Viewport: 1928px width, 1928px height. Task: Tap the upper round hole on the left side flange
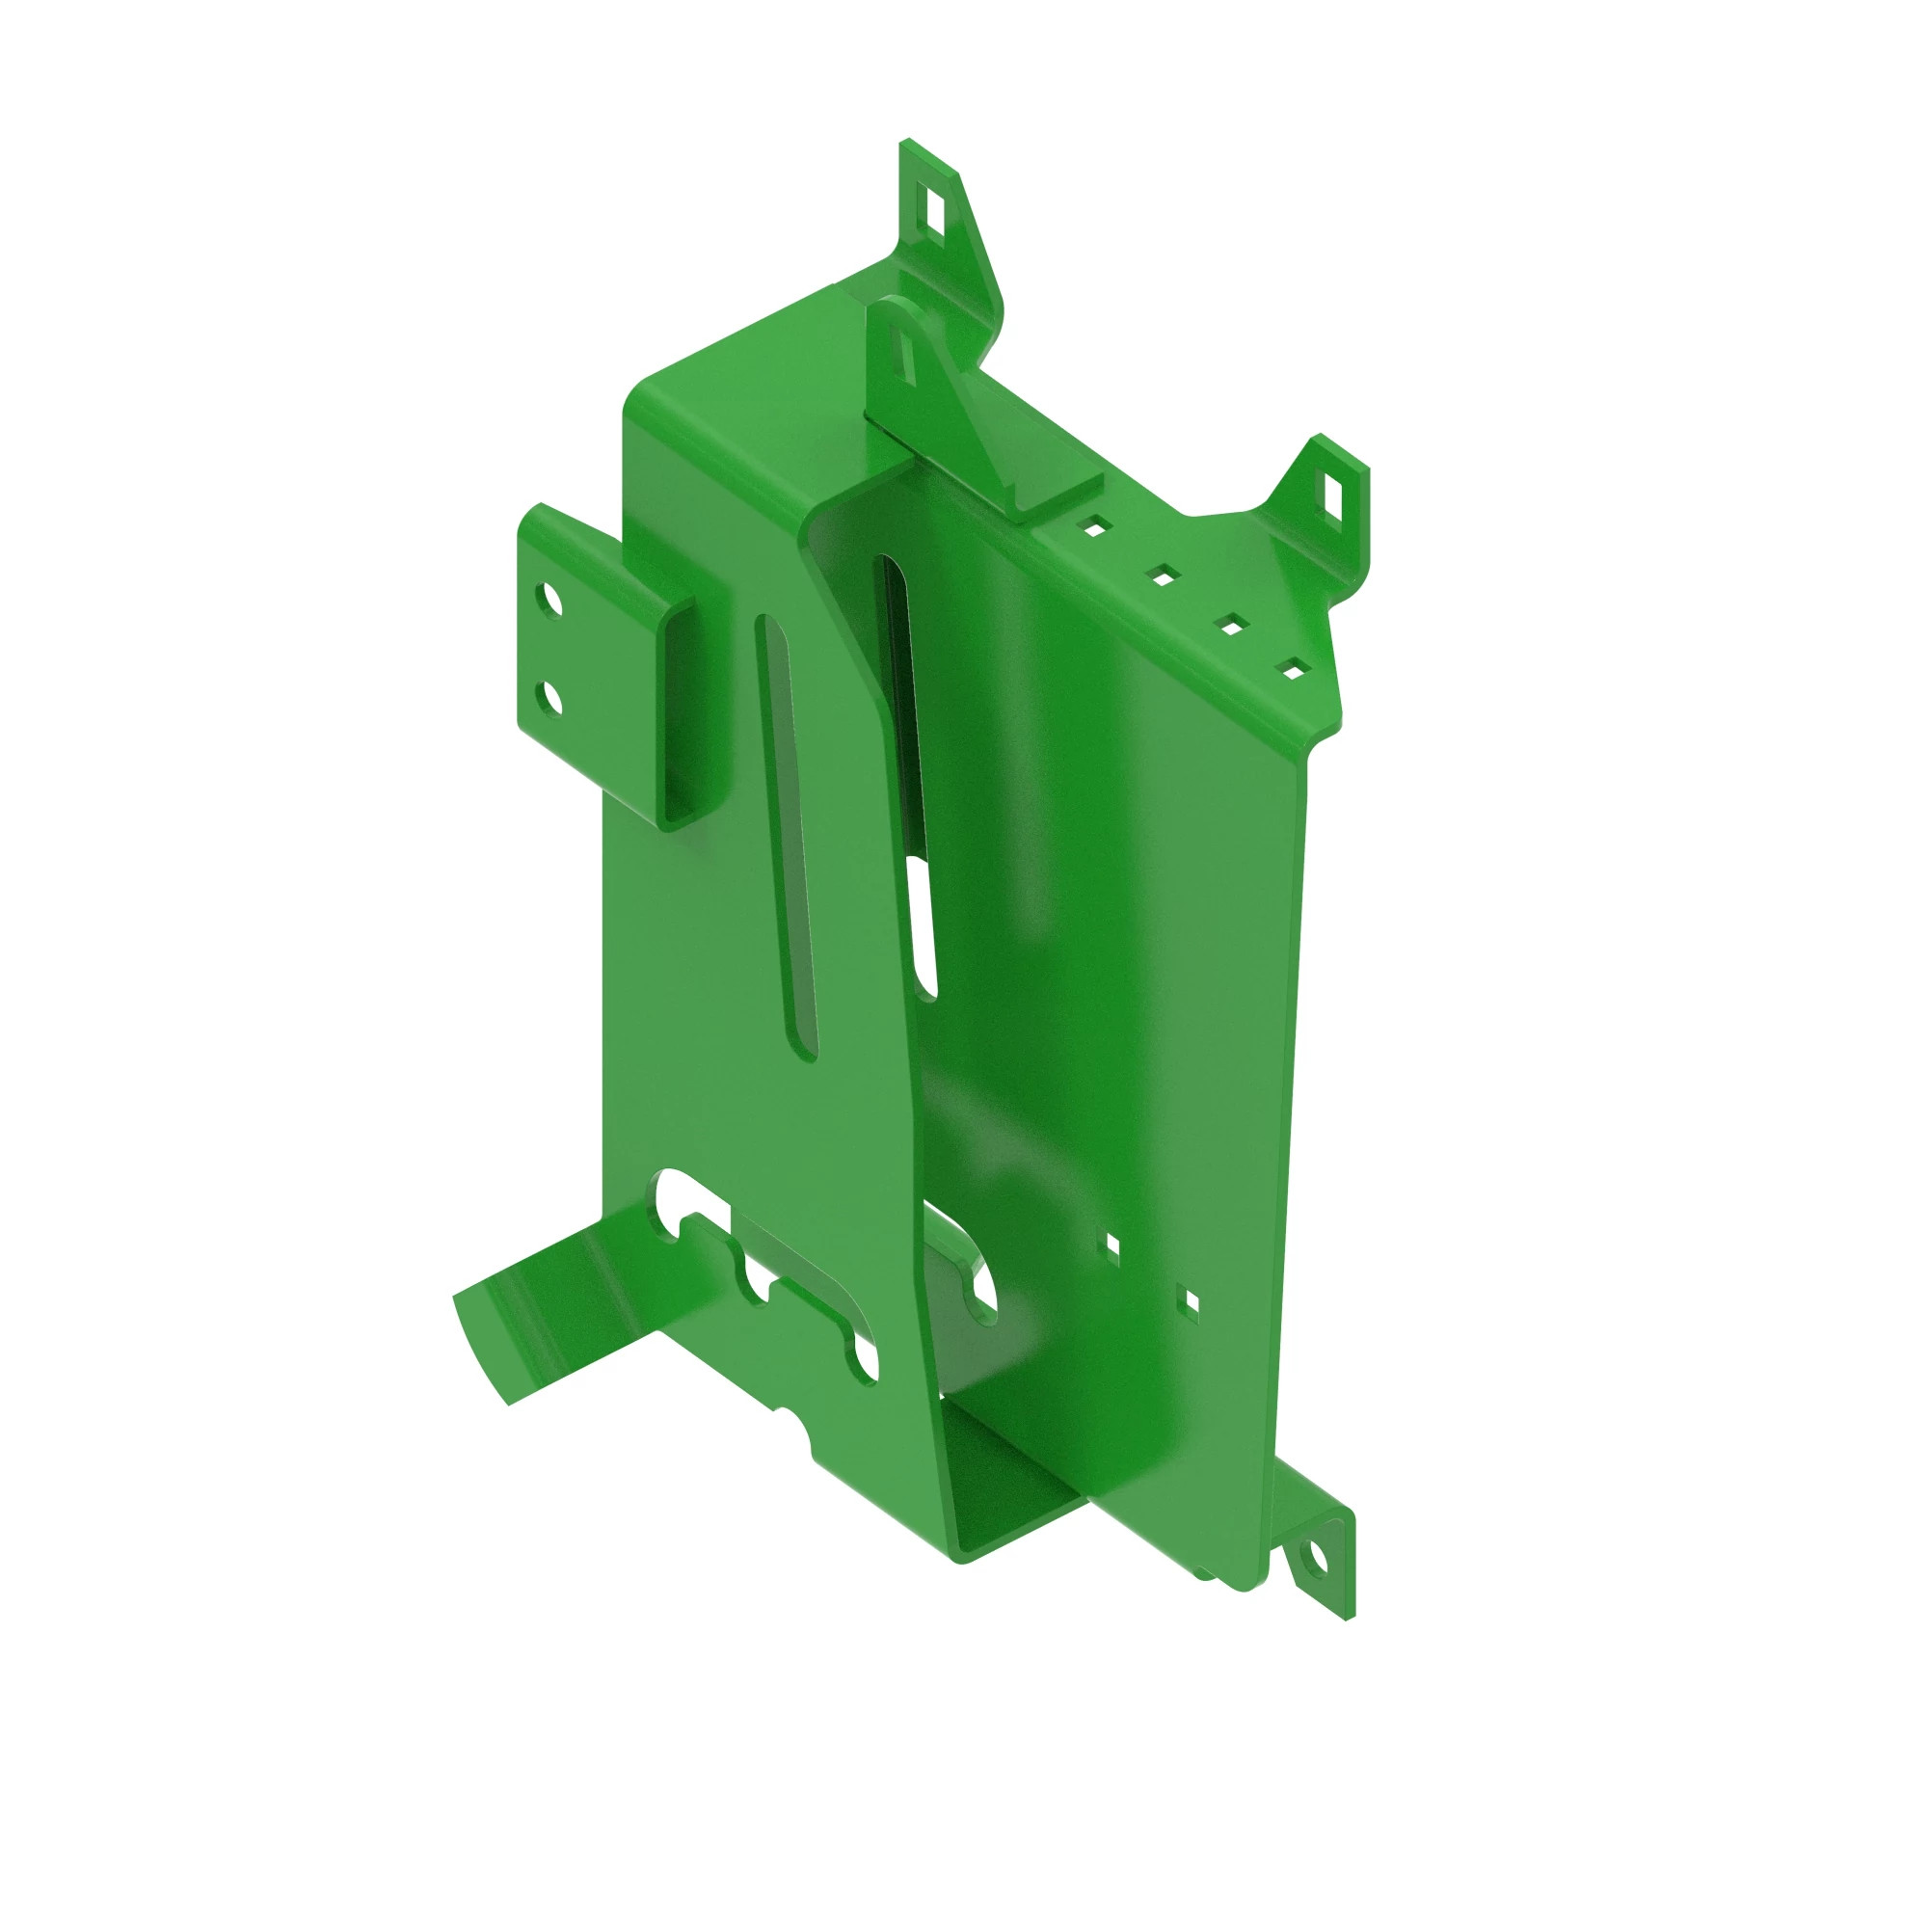coord(548,602)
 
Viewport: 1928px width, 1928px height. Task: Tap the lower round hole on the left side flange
coord(548,699)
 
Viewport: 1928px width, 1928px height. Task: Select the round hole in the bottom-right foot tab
coord(1316,1561)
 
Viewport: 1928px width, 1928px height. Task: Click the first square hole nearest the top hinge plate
coord(1095,527)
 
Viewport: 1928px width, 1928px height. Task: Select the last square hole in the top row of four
coord(1293,670)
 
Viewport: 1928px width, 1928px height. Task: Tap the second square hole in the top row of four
coord(1163,576)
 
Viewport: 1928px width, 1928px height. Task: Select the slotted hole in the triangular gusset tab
coord(907,357)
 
